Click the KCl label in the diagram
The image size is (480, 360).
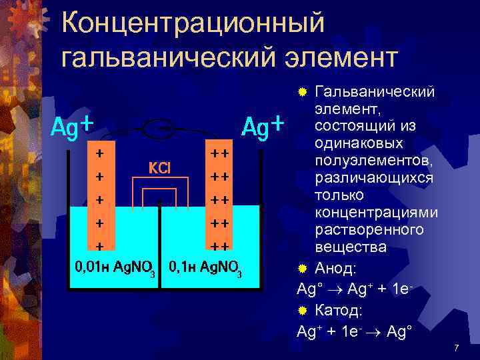pos(159,167)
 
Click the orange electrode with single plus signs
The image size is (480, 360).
pos(99,200)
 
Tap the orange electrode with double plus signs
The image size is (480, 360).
pos(219,200)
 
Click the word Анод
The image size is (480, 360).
pos(336,269)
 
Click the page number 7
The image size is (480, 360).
pos(456,349)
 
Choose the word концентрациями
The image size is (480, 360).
pos(377,213)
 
